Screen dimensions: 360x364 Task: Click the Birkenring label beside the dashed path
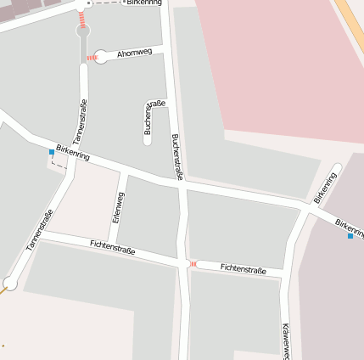(143, 3)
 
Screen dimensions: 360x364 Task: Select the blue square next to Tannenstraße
(52, 152)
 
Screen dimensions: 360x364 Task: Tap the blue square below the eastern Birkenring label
(350, 236)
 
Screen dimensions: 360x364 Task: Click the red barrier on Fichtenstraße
(193, 264)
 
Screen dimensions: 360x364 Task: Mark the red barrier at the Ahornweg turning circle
(91, 58)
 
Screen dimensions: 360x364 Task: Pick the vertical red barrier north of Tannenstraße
(82, 17)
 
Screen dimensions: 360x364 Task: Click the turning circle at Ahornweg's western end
(101, 57)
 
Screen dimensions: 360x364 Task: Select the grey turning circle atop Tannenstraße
(83, 31)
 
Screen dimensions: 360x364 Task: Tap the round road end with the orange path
(10, 283)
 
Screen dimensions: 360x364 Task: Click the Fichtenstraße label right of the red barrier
(244, 268)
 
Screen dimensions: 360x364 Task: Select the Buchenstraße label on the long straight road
(176, 157)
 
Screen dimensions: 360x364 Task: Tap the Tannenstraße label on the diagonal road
(39, 229)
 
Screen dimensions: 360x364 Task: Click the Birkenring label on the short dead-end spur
(324, 187)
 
